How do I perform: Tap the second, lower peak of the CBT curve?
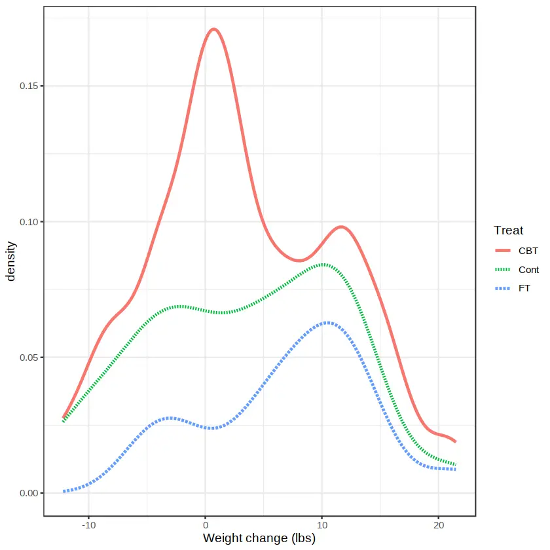pos(341,227)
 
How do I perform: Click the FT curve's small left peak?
pos(170,417)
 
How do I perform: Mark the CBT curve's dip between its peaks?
pos(299,261)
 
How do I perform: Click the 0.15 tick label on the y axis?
pos(27,86)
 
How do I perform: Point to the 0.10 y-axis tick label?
pos(27,221)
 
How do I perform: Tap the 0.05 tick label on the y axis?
pos(27,357)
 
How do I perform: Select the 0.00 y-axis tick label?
pos(27,493)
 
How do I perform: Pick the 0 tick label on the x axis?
pos(206,526)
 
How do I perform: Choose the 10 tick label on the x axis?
pos(322,526)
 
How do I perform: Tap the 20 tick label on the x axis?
pos(439,526)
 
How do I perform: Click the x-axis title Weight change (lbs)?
pos(259,539)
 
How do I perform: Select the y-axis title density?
pos(10,261)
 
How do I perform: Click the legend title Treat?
pos(508,230)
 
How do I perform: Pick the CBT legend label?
pos(528,251)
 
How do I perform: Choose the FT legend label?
pos(524,288)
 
